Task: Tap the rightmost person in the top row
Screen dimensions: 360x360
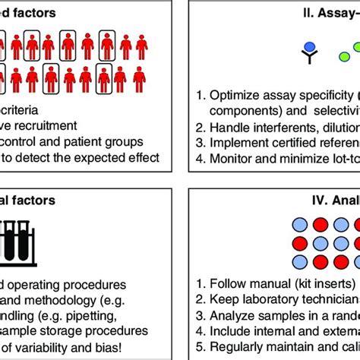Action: [x=139, y=45]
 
